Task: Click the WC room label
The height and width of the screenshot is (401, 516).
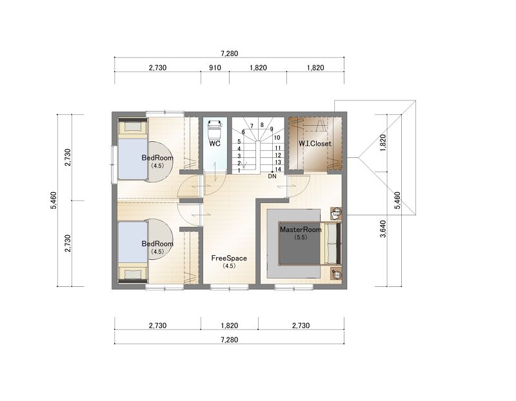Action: [215, 143]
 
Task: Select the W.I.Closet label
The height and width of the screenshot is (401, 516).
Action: [315, 143]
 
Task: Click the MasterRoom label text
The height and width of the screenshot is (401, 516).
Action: [301, 230]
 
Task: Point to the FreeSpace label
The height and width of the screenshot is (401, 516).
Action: [229, 259]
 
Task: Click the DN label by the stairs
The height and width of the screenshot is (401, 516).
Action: [272, 176]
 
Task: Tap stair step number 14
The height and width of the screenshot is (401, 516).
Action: [278, 170]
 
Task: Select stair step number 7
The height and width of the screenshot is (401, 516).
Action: [252, 126]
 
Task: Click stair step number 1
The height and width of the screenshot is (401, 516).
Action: [239, 170]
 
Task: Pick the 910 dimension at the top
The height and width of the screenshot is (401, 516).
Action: [215, 68]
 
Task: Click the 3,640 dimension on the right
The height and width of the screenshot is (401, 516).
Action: [383, 229]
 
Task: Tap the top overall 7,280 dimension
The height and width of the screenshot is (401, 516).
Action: [230, 54]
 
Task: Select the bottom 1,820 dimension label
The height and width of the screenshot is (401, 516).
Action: [230, 326]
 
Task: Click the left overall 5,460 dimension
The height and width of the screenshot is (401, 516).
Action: [54, 200]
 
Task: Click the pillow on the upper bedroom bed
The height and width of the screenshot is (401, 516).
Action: [132, 126]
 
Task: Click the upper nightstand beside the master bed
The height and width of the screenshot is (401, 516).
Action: [336, 213]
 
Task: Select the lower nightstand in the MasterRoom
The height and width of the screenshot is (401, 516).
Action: [336, 274]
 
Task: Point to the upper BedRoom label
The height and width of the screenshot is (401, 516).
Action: [157, 157]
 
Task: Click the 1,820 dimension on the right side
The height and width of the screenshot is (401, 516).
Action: [383, 142]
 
